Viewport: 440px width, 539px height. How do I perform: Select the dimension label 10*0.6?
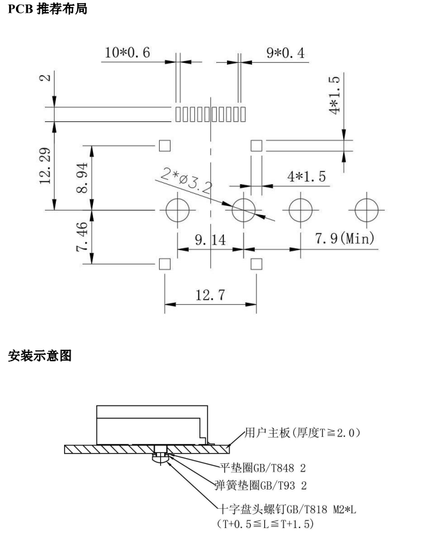click(x=128, y=53)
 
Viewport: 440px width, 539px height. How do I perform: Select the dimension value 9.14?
click(x=210, y=239)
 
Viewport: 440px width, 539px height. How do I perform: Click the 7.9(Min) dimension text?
click(x=344, y=239)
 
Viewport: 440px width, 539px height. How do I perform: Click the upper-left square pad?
click(x=165, y=145)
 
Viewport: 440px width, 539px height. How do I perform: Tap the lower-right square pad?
click(x=257, y=264)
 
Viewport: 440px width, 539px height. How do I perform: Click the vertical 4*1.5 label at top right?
click(x=334, y=97)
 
